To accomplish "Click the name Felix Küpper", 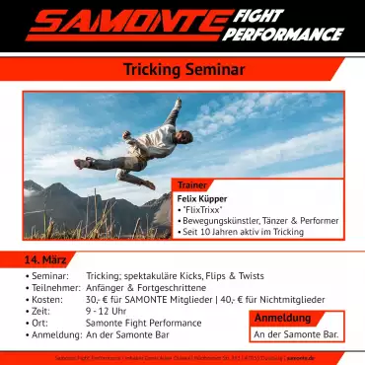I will point(201,198).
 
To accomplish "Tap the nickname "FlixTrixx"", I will point(204,210).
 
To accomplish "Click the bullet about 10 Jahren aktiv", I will point(243,232).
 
